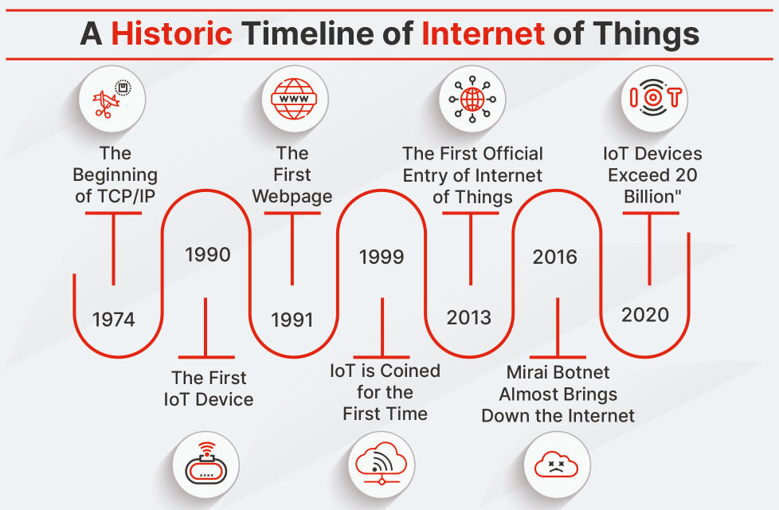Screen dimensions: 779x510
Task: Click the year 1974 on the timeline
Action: [x=113, y=319]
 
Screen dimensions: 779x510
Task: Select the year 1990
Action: [x=208, y=254]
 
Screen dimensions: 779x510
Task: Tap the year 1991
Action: [x=292, y=320]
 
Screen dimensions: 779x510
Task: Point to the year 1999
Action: [x=382, y=257]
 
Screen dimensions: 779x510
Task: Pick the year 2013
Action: [x=468, y=317]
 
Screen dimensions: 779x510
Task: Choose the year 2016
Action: [x=555, y=257]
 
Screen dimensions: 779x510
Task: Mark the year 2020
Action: [x=645, y=315]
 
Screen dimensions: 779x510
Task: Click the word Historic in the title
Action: [x=171, y=33]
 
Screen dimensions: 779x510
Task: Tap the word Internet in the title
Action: [x=483, y=33]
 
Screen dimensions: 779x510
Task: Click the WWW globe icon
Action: [x=294, y=99]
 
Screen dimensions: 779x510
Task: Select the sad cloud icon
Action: [x=556, y=465]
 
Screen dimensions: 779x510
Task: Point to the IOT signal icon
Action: [x=654, y=97]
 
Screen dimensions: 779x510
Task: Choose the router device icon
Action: [x=206, y=464]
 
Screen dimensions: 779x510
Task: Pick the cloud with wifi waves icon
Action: [x=381, y=463]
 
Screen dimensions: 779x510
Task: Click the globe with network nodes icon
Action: [x=472, y=99]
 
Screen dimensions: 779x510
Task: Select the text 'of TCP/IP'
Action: [x=115, y=196]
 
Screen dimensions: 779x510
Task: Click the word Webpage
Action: [x=292, y=196]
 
